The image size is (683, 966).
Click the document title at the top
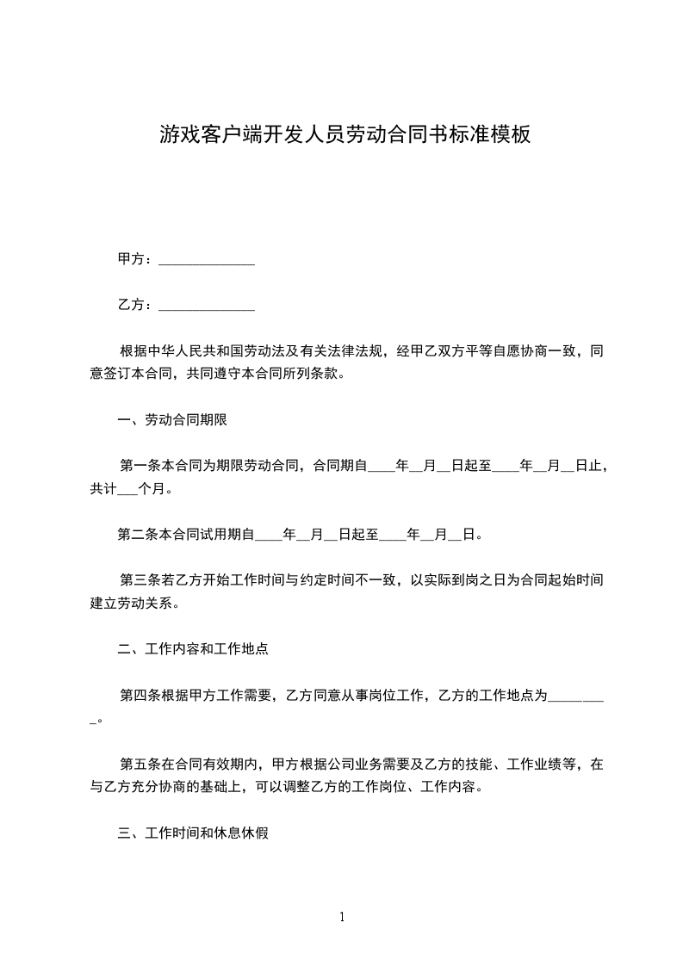click(344, 134)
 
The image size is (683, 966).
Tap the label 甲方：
click(136, 259)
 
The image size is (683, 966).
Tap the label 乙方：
click(136, 305)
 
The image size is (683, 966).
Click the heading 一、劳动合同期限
click(172, 420)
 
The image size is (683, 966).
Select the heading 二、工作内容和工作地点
click(193, 649)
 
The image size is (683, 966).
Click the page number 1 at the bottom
click(342, 917)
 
